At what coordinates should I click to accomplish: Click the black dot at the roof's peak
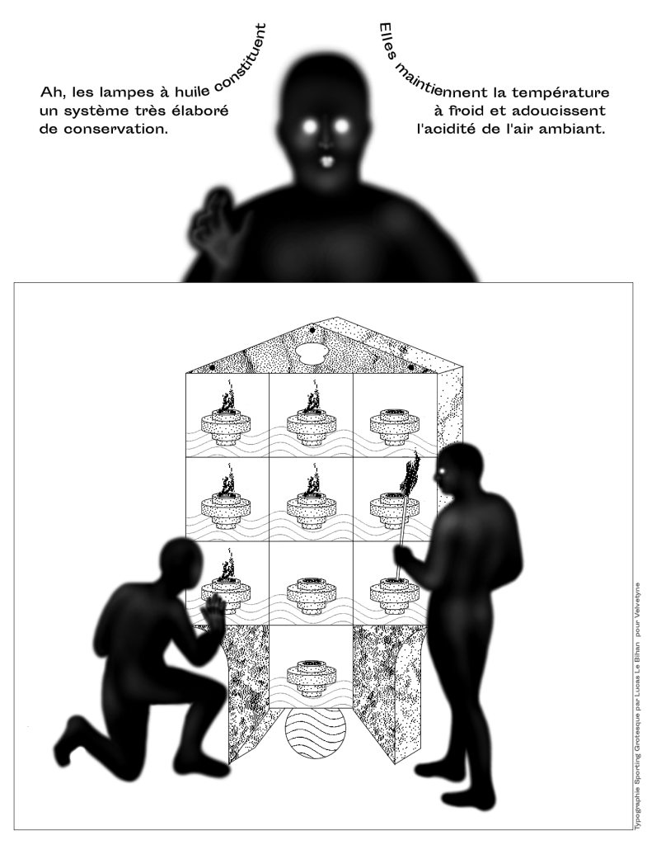tap(312, 330)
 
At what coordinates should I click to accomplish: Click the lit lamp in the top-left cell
tap(227, 420)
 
